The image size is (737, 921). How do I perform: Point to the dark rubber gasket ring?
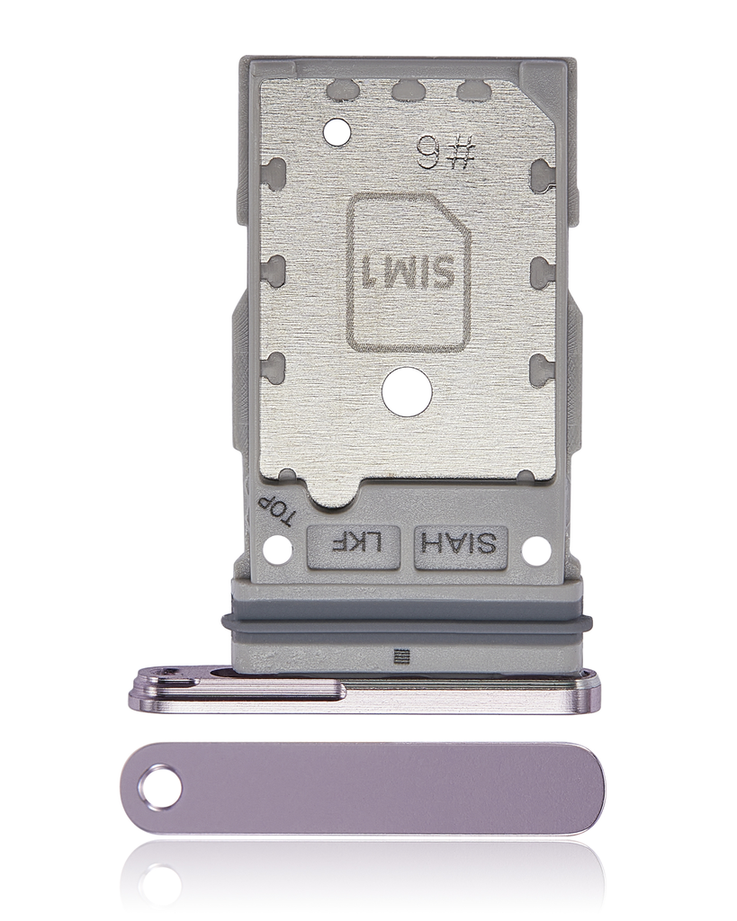(x=402, y=621)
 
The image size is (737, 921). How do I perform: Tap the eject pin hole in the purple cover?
(x=159, y=788)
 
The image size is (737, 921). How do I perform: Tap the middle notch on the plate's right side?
(x=542, y=268)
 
